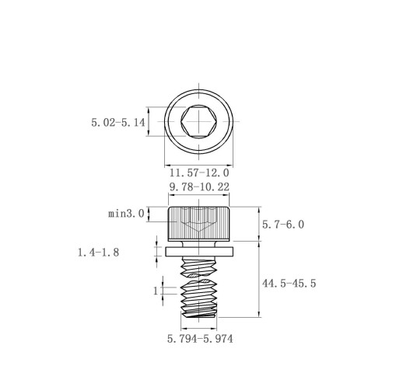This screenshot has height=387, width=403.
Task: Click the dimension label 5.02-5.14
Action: coord(118,122)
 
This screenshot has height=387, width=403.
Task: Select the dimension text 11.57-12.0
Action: coord(199,173)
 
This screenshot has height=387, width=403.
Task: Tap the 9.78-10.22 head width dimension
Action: coord(199,187)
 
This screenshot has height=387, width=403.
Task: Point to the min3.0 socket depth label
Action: coord(126,214)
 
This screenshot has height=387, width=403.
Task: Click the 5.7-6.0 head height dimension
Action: coord(283,225)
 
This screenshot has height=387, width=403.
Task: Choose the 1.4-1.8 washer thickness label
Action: coord(99,252)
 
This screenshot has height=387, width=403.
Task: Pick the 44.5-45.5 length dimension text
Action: coord(289,284)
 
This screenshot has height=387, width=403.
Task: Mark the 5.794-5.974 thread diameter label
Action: coord(200,339)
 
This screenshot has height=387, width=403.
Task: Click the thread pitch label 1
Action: coord(156,291)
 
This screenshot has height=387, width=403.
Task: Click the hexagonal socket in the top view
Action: coord(199,121)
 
